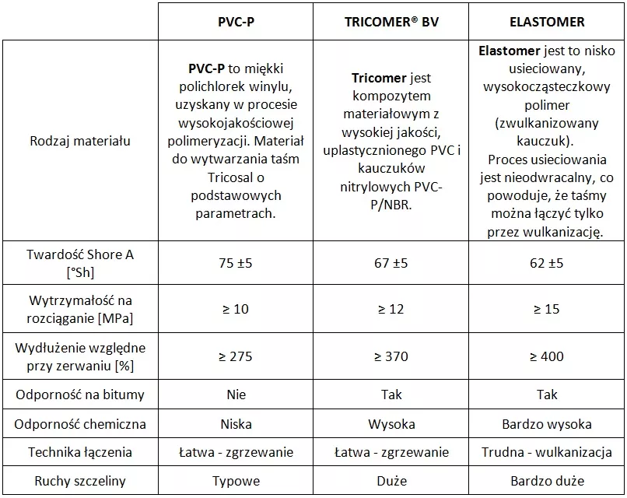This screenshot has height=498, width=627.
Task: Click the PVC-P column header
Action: point(236,22)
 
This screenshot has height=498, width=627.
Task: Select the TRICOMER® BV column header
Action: point(391,22)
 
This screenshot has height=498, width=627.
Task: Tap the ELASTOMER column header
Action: point(547,22)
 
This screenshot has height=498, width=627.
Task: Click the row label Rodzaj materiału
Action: point(80,141)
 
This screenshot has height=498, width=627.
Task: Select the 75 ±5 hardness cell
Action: point(236,263)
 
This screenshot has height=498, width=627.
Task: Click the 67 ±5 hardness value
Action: point(391,263)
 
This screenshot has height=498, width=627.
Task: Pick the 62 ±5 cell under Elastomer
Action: point(547,263)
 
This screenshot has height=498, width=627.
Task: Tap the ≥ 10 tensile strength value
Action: point(236,309)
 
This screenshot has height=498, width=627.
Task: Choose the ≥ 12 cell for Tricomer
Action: point(391,309)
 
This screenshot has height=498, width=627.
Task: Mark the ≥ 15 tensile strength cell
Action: point(547,309)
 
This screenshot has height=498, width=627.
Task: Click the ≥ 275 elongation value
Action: point(236,356)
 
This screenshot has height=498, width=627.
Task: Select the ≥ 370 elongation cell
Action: point(391,356)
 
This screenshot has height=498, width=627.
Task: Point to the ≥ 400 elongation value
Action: point(547,356)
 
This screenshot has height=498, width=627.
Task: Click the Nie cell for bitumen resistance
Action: point(236,395)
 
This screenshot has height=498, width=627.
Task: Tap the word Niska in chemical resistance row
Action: point(236,424)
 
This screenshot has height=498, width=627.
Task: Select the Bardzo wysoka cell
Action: point(547,424)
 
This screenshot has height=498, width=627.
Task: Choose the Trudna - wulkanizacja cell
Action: point(547,452)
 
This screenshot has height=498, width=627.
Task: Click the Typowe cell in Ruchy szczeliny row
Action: point(236,481)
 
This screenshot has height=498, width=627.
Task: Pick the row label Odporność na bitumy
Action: point(80,395)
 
